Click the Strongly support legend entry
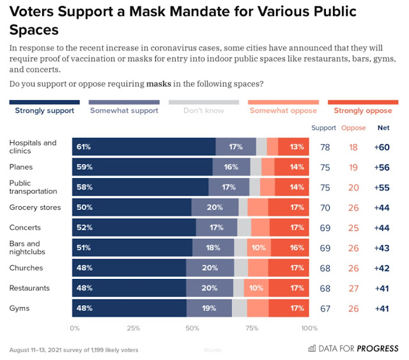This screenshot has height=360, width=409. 44,110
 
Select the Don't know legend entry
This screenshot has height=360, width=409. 203,110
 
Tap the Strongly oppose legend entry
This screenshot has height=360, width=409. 362,110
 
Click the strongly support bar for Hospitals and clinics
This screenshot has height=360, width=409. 144,147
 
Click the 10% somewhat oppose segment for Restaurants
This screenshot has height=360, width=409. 256,289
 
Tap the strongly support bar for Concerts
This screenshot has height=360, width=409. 134,228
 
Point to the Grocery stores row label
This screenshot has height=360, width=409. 36,207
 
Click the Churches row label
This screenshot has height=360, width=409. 26,268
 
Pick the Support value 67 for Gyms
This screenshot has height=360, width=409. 325,309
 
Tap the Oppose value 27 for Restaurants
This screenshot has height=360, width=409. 353,289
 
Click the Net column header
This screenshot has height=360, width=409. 383,128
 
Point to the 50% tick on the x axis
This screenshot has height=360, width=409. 192,329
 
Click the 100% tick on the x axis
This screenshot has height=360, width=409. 309,329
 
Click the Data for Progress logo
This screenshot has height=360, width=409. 353,349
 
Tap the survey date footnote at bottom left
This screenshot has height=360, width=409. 73,350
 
